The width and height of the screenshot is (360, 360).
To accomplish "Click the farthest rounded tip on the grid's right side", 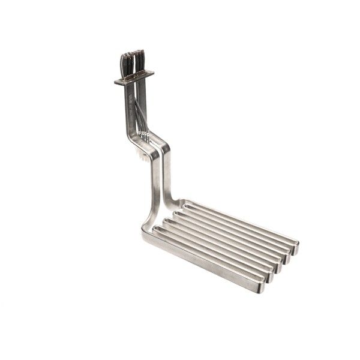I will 295,245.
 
